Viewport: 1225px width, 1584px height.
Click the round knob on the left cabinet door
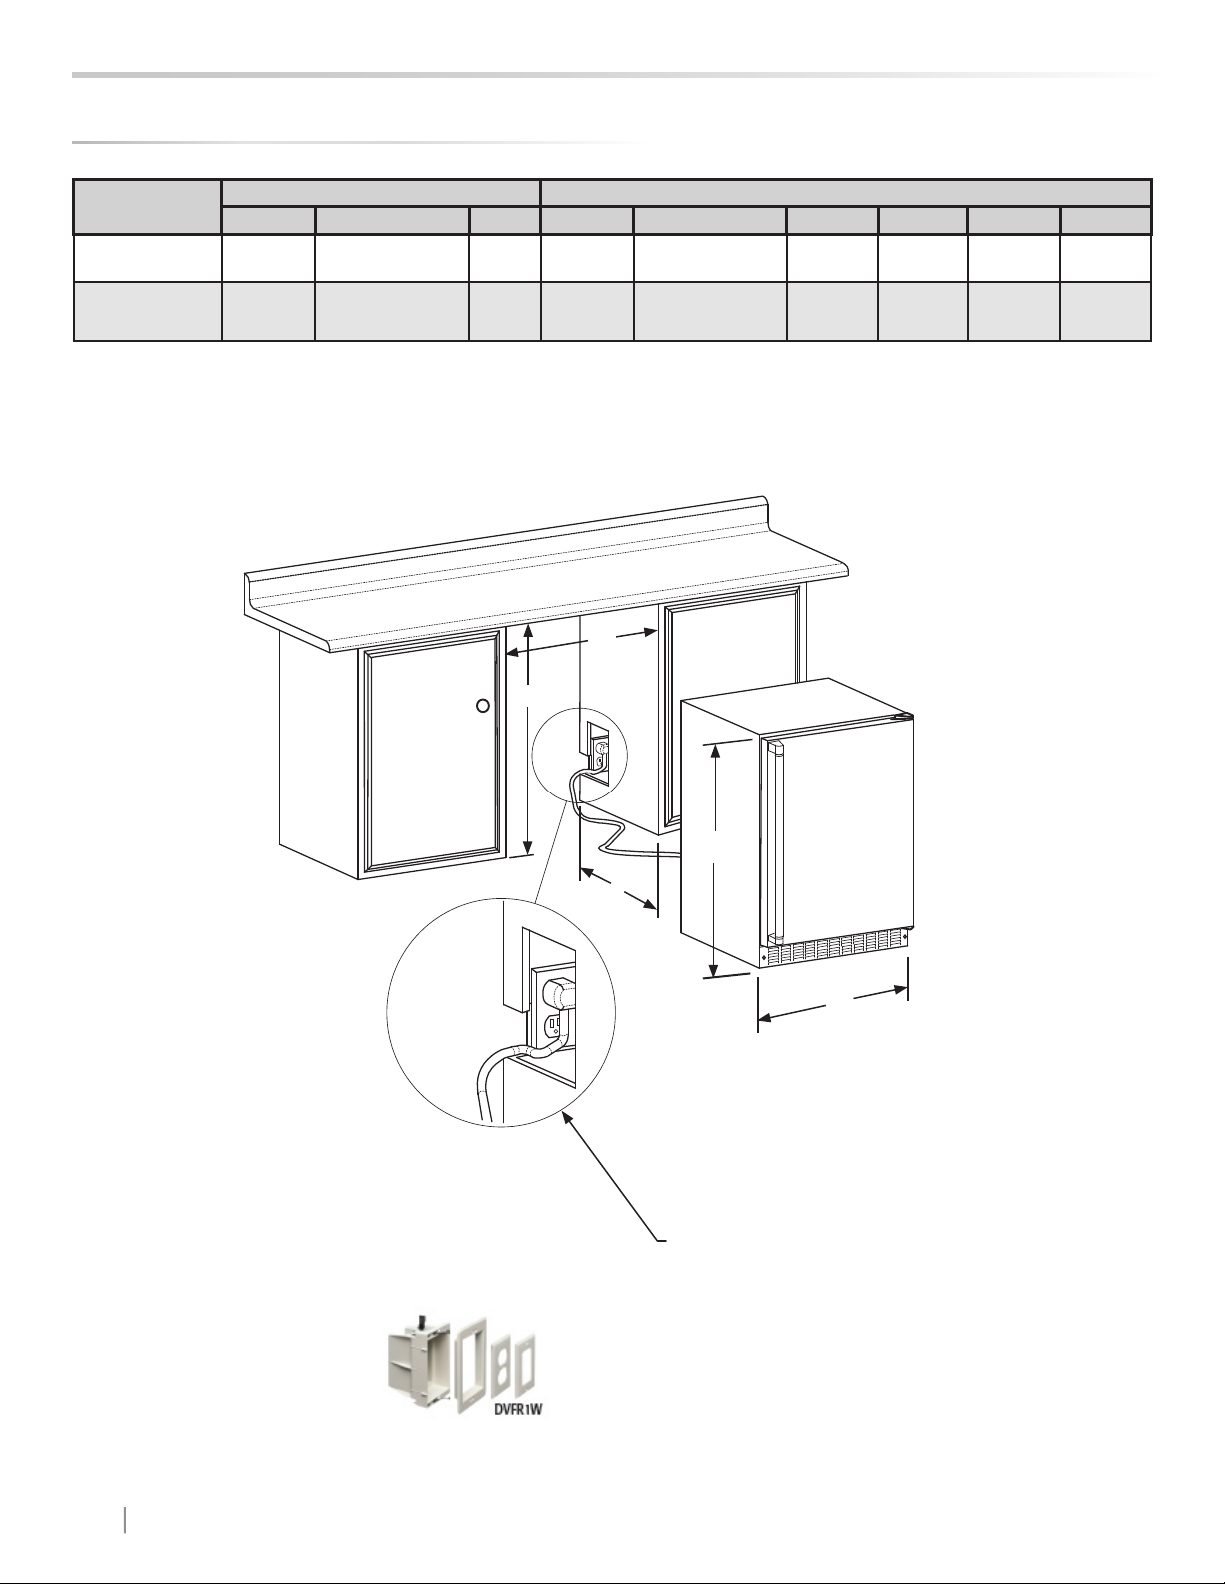(482, 705)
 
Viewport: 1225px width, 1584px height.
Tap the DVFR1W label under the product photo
(518, 1409)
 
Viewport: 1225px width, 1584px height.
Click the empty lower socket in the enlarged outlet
(553, 1027)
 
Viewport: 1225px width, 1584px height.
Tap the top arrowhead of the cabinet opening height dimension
(529, 630)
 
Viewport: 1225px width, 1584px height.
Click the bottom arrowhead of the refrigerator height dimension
(715, 968)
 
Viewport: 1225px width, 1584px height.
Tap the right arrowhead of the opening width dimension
(650, 633)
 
